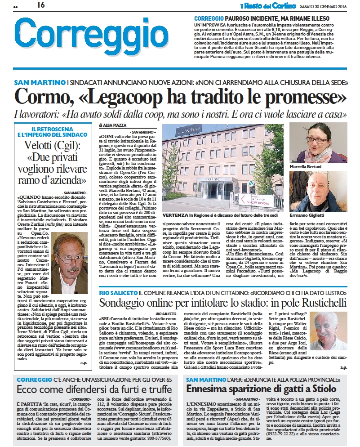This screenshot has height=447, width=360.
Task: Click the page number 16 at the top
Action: point(41,5)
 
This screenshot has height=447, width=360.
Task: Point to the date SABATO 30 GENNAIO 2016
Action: point(325,5)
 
